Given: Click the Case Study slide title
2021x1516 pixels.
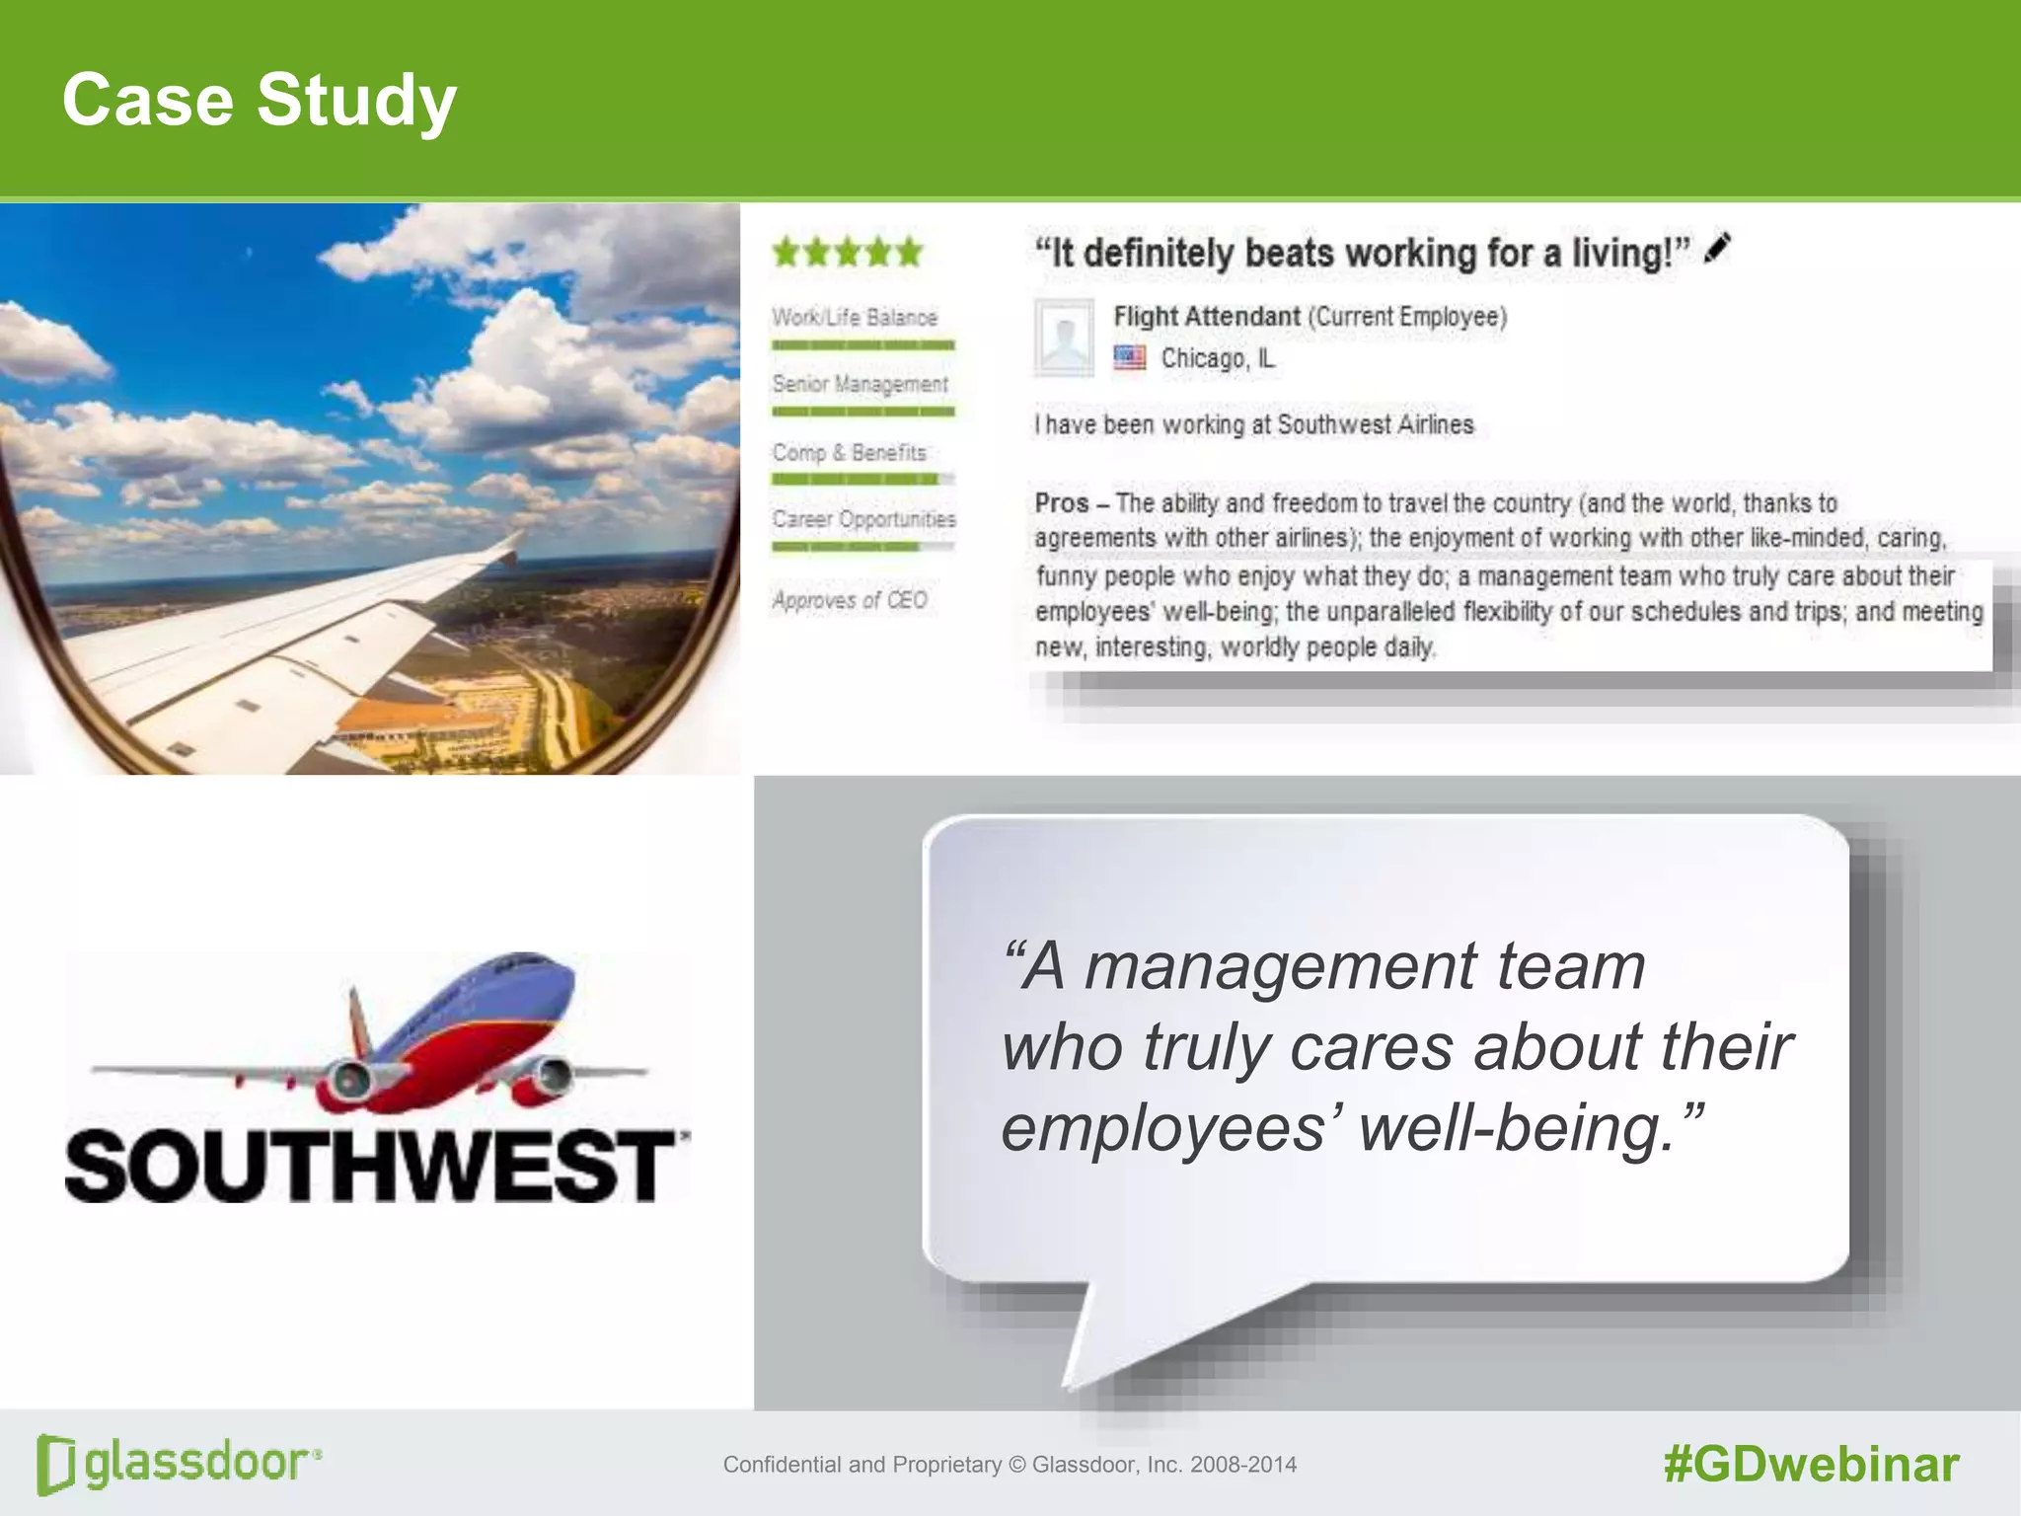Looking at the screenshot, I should coord(260,100).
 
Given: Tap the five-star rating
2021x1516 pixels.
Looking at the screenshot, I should coord(848,252).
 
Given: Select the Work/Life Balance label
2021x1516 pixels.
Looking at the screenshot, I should coord(855,318).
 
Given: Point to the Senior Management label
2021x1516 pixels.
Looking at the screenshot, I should coord(860,384).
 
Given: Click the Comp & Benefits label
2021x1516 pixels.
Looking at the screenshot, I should coord(850,453).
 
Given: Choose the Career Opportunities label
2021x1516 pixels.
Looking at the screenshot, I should coord(863,519).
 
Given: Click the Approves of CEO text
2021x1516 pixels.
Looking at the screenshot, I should coord(850,600).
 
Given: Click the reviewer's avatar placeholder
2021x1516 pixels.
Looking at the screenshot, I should coord(1064,338).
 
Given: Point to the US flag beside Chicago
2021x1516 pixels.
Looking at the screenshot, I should coord(1130,357).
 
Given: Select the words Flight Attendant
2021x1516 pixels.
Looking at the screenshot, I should coord(1206,317).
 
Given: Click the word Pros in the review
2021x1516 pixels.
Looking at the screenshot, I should coord(1062,503).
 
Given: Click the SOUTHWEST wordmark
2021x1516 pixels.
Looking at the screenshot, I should coord(370,1167).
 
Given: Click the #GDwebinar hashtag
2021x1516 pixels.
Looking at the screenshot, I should coord(1811,1465).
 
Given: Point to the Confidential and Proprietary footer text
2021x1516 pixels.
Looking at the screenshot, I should coord(1010,1465).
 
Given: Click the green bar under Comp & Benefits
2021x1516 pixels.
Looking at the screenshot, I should coord(855,480).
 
